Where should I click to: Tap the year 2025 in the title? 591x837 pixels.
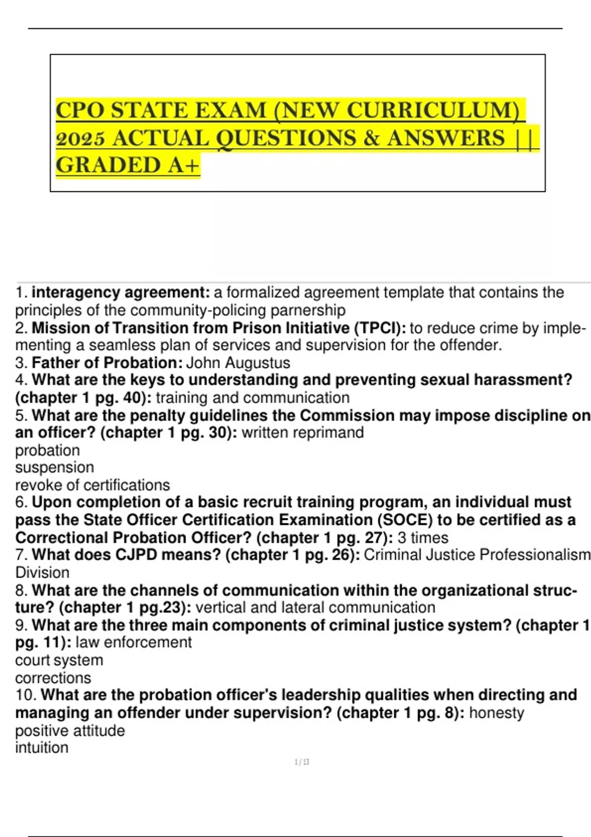(x=80, y=138)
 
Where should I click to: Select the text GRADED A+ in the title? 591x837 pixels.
(x=128, y=165)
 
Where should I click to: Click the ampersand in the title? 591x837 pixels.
(x=370, y=138)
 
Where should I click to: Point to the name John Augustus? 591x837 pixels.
(x=238, y=363)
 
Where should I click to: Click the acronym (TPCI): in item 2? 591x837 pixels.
(x=380, y=328)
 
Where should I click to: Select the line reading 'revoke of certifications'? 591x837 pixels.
(x=93, y=485)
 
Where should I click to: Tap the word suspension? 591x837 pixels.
(x=55, y=467)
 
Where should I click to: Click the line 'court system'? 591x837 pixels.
(x=59, y=660)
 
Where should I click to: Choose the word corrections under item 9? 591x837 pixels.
(x=53, y=678)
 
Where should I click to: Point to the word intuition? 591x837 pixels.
(x=42, y=747)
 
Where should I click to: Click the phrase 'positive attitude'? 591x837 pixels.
(x=70, y=730)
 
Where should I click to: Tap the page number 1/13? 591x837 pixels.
(x=301, y=762)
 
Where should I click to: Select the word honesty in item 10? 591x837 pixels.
(x=496, y=712)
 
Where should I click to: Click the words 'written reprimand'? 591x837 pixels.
(x=303, y=433)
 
